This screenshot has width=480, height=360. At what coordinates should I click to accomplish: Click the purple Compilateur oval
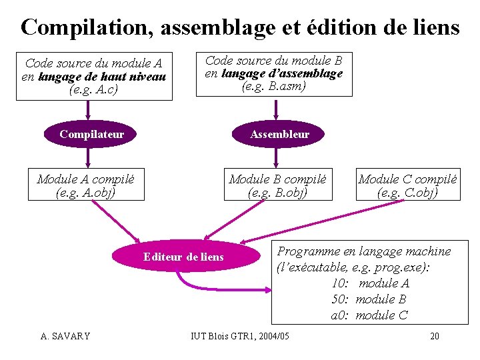pos(91,134)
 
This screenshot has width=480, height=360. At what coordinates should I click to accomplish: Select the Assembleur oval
pos(279,134)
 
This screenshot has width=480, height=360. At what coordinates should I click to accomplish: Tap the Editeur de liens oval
pos(183,257)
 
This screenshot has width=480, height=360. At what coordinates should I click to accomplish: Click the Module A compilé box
pos(85,185)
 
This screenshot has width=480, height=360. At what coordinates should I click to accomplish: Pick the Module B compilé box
pos(277,185)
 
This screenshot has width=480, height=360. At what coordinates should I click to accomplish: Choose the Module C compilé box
pos(407,185)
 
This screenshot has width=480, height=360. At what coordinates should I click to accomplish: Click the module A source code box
pos(93,76)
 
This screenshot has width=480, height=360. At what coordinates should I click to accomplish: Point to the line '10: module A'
pos(370,283)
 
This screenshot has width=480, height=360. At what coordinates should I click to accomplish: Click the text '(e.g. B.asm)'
pos(273,86)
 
